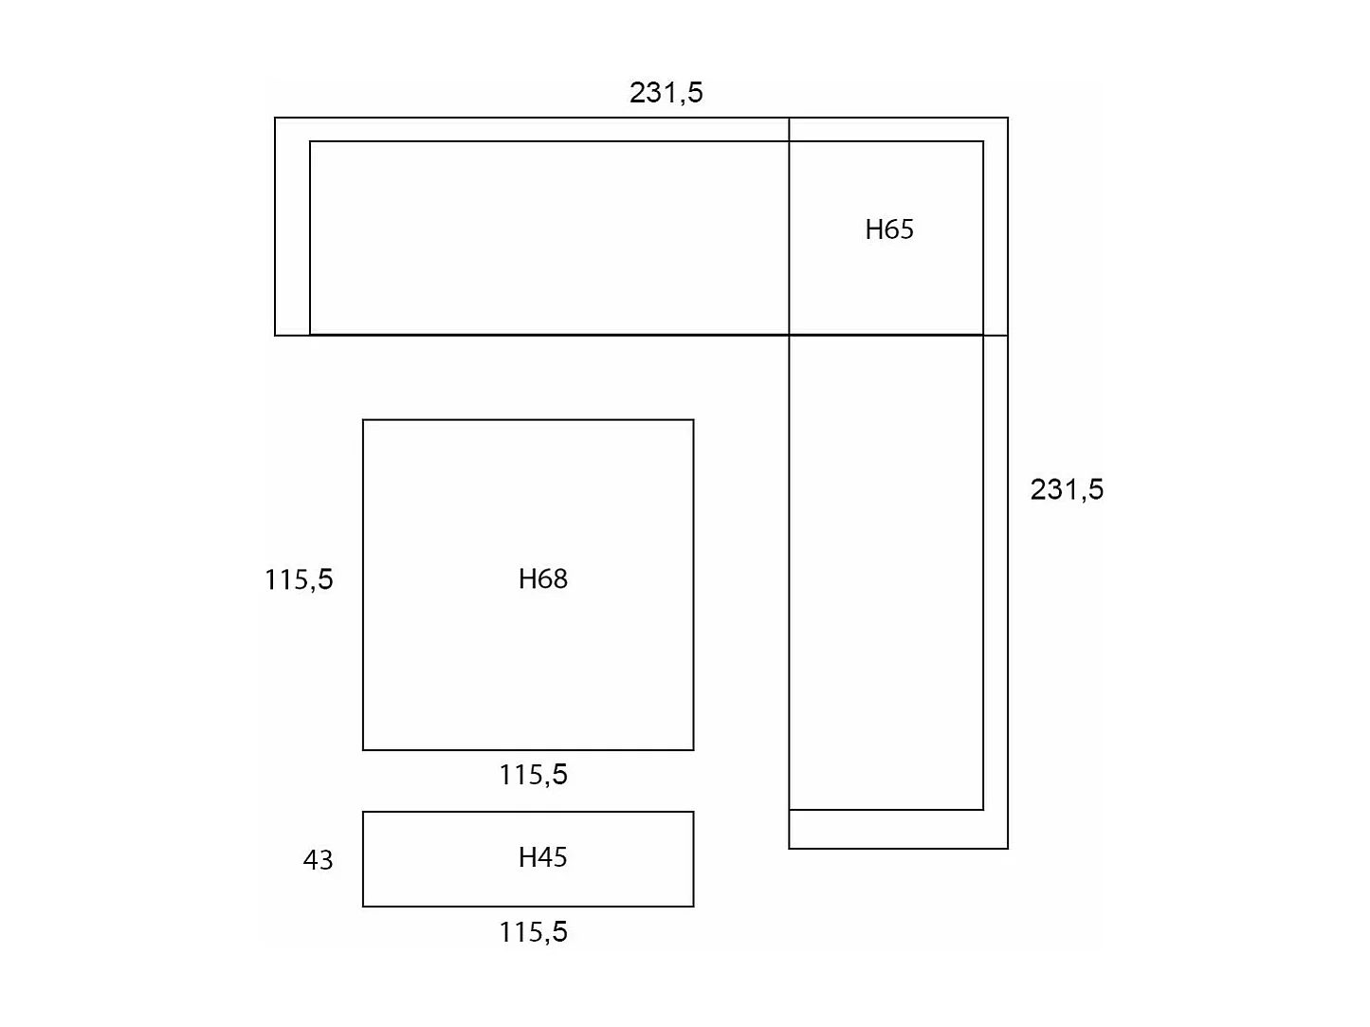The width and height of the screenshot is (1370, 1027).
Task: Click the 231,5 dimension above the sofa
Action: pyautogui.click(x=666, y=93)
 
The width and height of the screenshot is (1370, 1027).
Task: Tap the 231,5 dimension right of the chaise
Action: pyautogui.click(x=1067, y=489)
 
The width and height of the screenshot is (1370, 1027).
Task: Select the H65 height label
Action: pyautogui.click(x=889, y=229)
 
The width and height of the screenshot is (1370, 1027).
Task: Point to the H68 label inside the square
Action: pyautogui.click(x=543, y=578)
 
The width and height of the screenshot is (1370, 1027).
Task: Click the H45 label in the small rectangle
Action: pyautogui.click(x=543, y=857)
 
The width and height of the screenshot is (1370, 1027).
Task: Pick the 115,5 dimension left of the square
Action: pyautogui.click(x=299, y=579)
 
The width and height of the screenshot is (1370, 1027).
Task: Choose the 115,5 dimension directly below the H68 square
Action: pyautogui.click(x=534, y=775)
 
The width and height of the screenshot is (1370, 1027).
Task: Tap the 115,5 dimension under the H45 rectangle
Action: pyautogui.click(x=534, y=932)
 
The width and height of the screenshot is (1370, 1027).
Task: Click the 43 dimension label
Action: pyautogui.click(x=319, y=860)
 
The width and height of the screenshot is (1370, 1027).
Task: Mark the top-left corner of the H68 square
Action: pyautogui.click(x=363, y=420)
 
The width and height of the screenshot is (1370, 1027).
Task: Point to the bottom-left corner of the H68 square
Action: pyautogui.click(x=363, y=750)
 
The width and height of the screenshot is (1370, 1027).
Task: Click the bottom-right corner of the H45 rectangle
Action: pyautogui.click(x=693, y=906)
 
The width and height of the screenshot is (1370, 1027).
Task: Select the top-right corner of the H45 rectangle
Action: pyautogui.click(x=693, y=813)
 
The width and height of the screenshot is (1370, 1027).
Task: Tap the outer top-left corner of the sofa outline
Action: pyautogui.click(x=275, y=118)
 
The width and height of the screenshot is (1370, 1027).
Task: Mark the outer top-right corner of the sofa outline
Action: pyautogui.click(x=1008, y=118)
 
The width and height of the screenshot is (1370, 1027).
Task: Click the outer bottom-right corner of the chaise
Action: pyautogui.click(x=1008, y=849)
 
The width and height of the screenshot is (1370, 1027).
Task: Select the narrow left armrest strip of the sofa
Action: pyautogui.click(x=293, y=227)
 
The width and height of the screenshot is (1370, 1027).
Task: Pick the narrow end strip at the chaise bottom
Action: pyautogui.click(x=899, y=829)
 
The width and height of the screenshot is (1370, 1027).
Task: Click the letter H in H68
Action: pyautogui.click(x=526, y=578)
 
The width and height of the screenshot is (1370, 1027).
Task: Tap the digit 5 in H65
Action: pyautogui.click(x=906, y=229)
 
